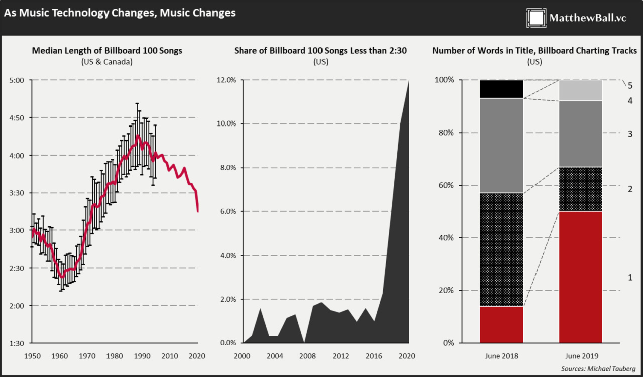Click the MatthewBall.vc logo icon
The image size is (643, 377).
[535, 18]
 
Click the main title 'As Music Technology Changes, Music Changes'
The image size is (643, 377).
[120, 13]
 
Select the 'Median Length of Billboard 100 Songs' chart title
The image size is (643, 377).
[107, 51]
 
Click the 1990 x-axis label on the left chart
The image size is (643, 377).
[143, 356]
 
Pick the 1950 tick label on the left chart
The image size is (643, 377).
[32, 356]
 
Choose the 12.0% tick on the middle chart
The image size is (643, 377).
[226, 80]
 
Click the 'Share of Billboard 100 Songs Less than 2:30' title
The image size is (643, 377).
[320, 51]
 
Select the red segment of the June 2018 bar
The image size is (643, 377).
[501, 324]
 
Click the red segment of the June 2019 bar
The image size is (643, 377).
[580, 277]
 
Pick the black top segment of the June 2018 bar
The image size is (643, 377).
[501, 89]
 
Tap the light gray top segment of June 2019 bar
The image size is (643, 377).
[580, 90]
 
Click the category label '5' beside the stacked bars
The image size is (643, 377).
[630, 85]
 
